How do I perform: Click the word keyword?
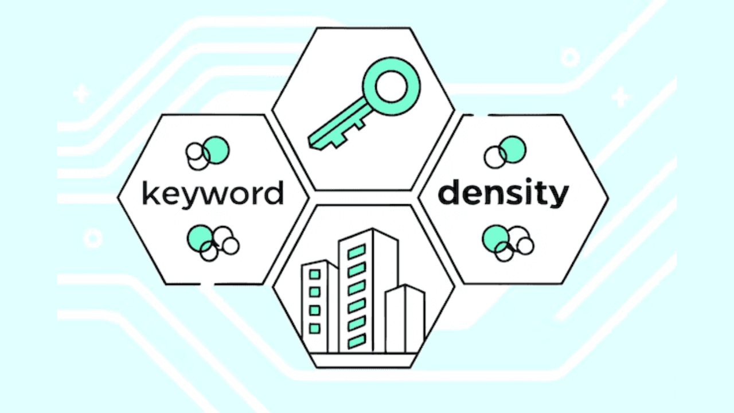coord(213,194)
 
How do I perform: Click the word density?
coord(503,193)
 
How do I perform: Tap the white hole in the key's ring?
coord(391,87)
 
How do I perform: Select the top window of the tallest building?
coord(357,252)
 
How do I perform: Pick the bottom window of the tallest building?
coord(357,341)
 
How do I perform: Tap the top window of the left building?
coord(315,274)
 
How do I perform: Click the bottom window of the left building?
coord(315,329)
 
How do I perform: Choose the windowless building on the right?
coord(405,318)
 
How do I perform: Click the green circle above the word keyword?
coord(216,150)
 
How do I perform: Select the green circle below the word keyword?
coord(201,239)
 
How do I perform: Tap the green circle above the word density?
coord(513,150)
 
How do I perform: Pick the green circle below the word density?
coord(496,239)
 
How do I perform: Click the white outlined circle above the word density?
coord(495,157)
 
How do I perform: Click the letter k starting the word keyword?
coord(150,193)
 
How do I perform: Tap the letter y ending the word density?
coord(559,197)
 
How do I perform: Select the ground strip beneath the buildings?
coord(364,360)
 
